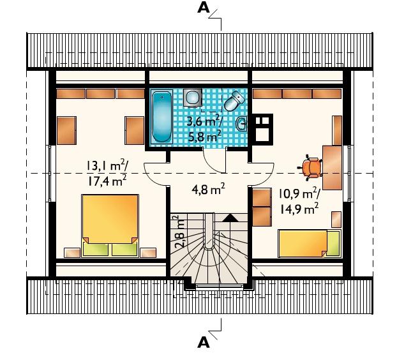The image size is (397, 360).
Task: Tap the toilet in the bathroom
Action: tap(234, 100)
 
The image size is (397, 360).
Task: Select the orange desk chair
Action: tap(311, 167)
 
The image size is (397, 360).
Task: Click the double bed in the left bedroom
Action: tap(110, 225)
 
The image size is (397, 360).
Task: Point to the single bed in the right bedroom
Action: tap(309, 243)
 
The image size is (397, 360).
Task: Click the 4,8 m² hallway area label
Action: tap(208, 189)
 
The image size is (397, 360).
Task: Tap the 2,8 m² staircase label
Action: tap(181, 232)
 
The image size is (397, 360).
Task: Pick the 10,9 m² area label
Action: tap(299, 194)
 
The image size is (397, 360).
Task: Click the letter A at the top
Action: tap(204, 8)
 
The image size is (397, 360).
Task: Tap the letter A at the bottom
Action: tap(204, 343)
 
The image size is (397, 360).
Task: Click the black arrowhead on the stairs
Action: tap(230, 218)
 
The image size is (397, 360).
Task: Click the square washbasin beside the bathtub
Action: tap(192, 97)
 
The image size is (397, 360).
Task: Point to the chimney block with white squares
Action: tap(262, 129)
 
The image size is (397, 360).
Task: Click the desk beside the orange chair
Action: tap(332, 167)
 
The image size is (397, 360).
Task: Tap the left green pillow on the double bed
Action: tap(96, 250)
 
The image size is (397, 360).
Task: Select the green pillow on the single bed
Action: tap(333, 243)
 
